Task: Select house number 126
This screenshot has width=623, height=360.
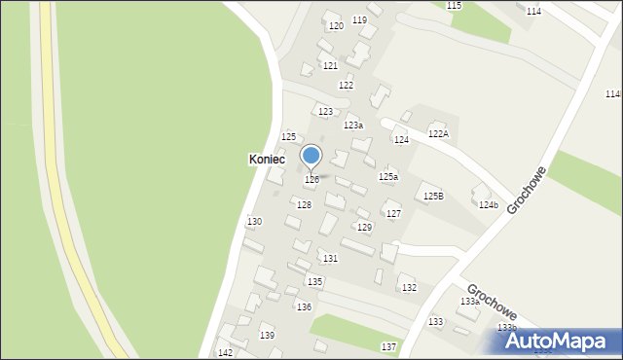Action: tap(311, 180)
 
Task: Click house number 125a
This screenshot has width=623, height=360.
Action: tap(388, 177)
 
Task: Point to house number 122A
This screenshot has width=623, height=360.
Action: tap(438, 134)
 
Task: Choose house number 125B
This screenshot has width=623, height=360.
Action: tap(433, 197)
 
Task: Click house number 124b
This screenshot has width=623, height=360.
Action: tap(488, 205)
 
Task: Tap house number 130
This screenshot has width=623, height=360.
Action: tap(254, 222)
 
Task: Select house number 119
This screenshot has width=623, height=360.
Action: tap(359, 20)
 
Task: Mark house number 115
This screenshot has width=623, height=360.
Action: tap(454, 6)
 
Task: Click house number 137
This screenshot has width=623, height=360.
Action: tap(388, 347)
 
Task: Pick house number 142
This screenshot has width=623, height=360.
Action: tap(225, 352)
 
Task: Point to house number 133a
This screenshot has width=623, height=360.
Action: tap(469, 302)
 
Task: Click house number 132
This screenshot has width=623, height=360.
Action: tap(409, 288)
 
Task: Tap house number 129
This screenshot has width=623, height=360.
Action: tap(364, 228)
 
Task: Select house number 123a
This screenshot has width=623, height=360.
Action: tap(353, 126)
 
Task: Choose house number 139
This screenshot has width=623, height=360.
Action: tap(267, 336)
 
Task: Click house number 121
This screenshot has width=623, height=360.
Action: tap(330, 65)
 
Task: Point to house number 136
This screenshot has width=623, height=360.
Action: tap(304, 307)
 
